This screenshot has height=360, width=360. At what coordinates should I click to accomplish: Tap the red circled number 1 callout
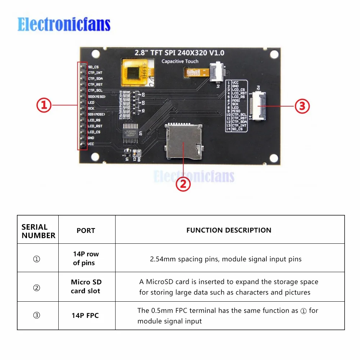coord(44,106)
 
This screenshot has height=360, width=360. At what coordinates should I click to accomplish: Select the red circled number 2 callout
coord(183,184)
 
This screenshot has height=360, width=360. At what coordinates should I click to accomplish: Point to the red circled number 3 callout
coord(302,106)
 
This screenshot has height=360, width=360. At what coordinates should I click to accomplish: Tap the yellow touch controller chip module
coord(139,73)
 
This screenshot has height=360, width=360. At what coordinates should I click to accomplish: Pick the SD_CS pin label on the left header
coord(93,67)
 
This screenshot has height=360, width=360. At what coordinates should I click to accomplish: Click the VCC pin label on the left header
coord(91,144)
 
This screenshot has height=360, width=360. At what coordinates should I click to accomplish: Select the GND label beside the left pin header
coord(91,138)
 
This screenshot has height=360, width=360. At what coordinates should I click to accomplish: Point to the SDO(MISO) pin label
coord(96,96)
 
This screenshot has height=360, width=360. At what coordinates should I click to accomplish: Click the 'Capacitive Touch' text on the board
coord(180,61)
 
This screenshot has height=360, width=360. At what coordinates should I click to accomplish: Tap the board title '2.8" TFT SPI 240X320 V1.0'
coord(179,53)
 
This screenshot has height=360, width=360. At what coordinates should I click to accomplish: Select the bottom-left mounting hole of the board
coord(95,157)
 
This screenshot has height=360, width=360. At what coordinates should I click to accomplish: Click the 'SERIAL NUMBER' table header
coord(38,231)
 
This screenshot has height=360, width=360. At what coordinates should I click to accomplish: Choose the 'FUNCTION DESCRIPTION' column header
coord(229,230)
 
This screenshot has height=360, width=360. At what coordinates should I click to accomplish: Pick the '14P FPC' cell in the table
coord(85,316)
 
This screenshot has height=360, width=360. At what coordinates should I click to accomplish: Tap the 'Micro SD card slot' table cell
coord(86,287)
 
